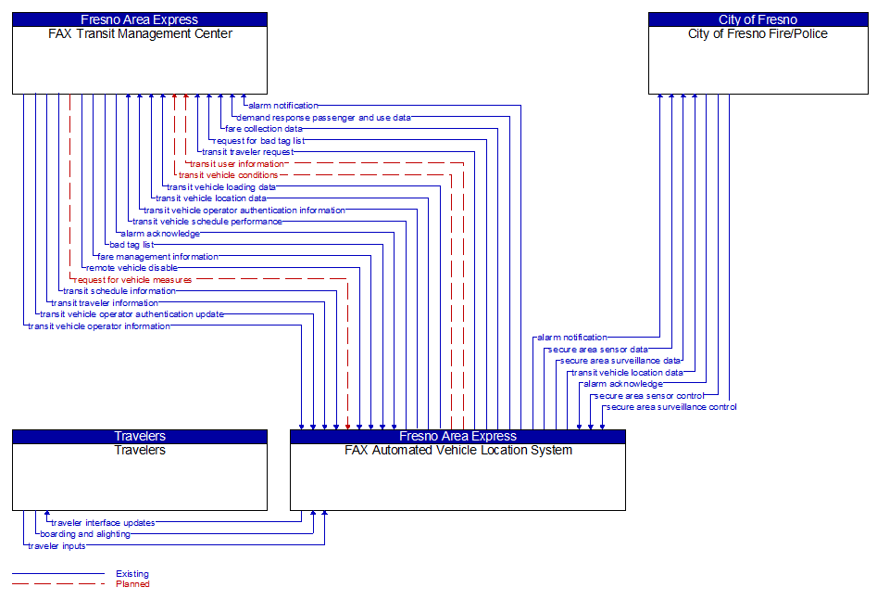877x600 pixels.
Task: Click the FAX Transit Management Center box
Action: (x=139, y=60)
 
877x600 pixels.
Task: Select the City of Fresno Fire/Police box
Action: (x=758, y=60)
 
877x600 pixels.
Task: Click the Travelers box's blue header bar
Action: (x=140, y=436)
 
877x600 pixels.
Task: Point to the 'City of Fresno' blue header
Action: (x=758, y=19)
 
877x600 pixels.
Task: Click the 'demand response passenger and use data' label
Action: (x=323, y=118)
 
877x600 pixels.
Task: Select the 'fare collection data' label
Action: (x=263, y=129)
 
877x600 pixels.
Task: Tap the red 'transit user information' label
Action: (x=237, y=164)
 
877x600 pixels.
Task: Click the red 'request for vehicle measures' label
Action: (x=133, y=279)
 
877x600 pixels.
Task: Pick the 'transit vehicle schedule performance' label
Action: (x=207, y=222)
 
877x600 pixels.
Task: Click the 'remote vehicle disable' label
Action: (x=132, y=268)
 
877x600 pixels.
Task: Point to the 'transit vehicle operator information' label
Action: (x=99, y=326)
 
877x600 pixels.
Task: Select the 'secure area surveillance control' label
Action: (x=671, y=407)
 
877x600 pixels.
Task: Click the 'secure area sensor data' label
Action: (x=598, y=350)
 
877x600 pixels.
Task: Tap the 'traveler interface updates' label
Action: (x=103, y=523)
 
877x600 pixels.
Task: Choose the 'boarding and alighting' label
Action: (x=85, y=534)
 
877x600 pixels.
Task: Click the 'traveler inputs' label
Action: (x=56, y=546)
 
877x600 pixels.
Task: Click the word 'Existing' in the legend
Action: (x=132, y=574)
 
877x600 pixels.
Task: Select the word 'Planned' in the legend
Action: (x=132, y=584)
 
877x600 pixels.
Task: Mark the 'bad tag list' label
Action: (x=132, y=245)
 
